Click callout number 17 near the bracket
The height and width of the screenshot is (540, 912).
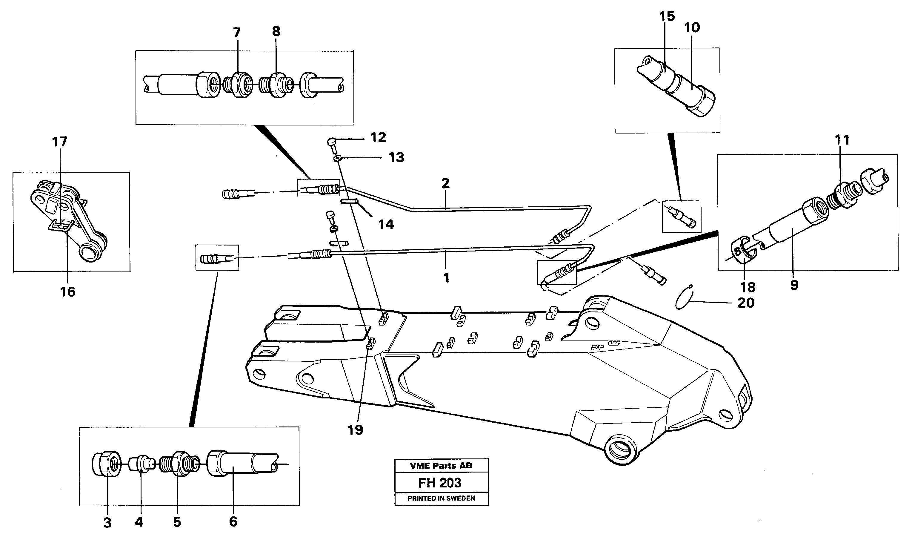[x=60, y=142]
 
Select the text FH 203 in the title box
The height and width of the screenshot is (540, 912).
[x=440, y=483]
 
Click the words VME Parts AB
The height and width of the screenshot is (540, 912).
[x=441, y=465]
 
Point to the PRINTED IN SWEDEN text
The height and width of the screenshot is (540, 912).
[x=441, y=498]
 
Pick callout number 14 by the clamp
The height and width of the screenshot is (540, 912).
[x=386, y=225]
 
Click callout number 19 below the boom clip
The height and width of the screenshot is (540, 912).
[x=355, y=430]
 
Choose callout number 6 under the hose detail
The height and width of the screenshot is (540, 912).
[x=233, y=521]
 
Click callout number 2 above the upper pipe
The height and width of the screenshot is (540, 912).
[x=445, y=183]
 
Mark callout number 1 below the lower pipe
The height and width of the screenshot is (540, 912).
[x=447, y=278]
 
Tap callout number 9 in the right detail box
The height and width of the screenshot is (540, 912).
[x=794, y=285]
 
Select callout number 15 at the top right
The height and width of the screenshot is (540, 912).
[x=667, y=16]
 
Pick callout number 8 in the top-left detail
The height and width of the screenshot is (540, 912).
[x=276, y=31]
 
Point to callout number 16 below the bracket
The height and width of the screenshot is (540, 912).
[x=68, y=292]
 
